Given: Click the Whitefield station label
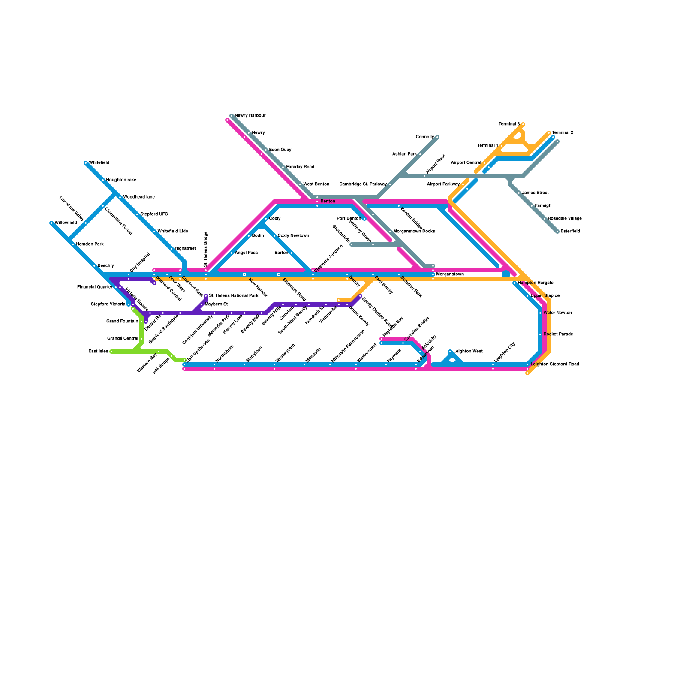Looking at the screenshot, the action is tap(99, 163).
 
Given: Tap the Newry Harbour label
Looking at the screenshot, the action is tap(250, 116).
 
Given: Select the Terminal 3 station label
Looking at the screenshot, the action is tap(509, 124).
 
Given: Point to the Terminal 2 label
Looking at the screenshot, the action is tap(563, 133).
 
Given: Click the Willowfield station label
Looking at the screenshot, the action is tap(66, 223).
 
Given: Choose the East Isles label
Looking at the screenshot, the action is tap(98, 352).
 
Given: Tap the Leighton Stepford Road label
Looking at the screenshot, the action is tap(555, 364).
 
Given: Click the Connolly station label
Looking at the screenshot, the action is tap(425, 137).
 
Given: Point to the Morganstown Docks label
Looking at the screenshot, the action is tap(414, 232).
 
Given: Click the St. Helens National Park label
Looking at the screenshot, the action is tap(234, 296).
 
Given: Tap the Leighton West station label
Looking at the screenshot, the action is tap(468, 352).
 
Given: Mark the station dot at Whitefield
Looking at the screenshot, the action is tap(86, 163).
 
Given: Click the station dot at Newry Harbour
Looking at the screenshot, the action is tap(232, 116).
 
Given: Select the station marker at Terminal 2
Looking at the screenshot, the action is tap(549, 133).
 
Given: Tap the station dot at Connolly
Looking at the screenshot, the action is tap(437, 137).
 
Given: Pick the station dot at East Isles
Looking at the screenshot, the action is tap(111, 352).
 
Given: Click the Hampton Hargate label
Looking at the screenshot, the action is tap(536, 283).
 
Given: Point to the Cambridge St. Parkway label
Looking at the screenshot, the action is tap(363, 184).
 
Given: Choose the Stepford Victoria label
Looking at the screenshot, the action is tap(108, 304).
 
